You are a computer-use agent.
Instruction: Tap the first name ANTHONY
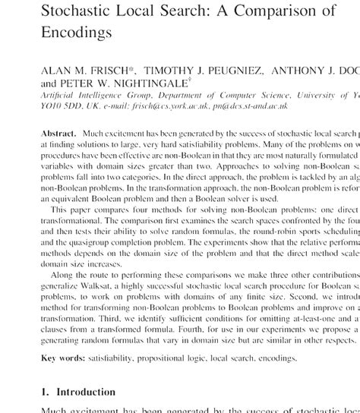301,71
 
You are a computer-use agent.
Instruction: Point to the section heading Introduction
87,393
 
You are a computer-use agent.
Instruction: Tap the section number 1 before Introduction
43,393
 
